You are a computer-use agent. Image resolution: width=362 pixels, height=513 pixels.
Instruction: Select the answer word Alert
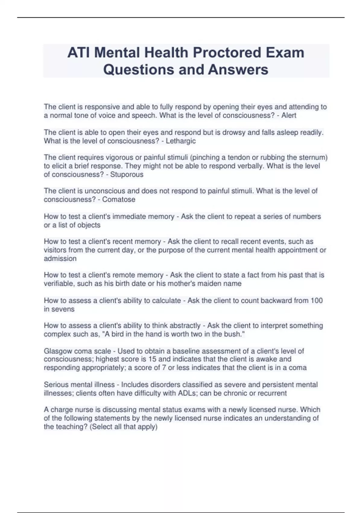289,116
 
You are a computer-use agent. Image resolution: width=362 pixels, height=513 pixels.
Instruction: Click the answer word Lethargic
181,141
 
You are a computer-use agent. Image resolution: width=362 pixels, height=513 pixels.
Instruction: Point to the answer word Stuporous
127,174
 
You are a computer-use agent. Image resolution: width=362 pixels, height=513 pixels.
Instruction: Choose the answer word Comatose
119,199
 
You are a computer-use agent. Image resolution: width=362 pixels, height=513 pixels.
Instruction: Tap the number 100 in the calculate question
316,301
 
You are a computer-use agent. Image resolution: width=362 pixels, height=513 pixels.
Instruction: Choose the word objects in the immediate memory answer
89,225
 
